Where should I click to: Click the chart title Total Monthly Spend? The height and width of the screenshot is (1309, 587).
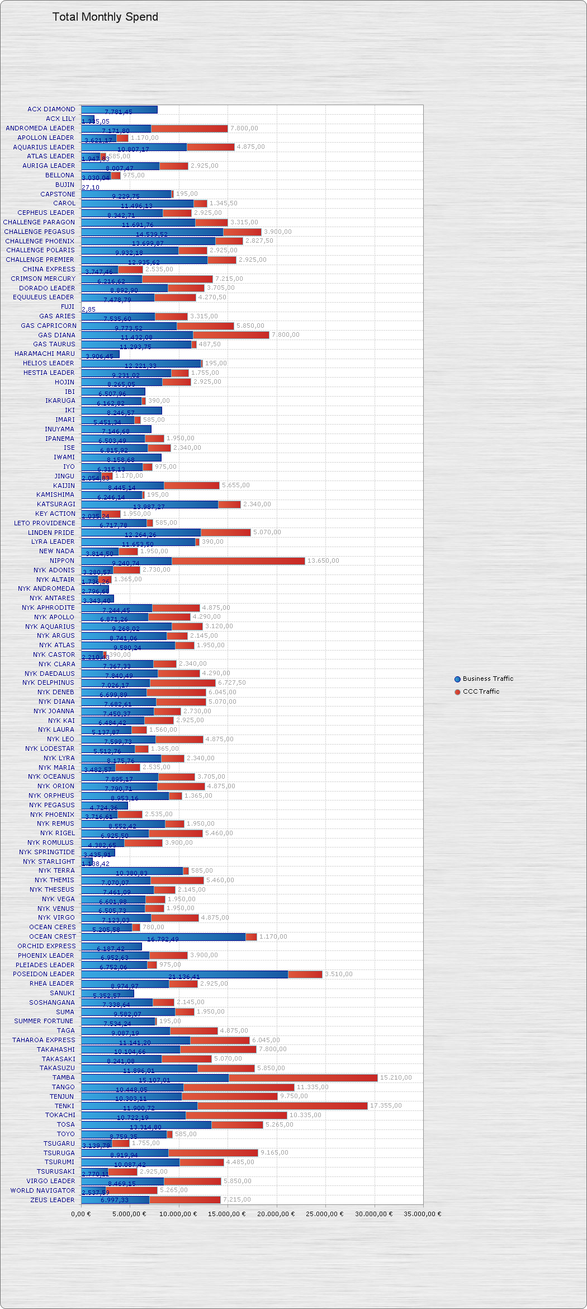tap(105, 17)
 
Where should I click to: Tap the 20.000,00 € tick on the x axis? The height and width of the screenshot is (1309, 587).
tap(276, 1214)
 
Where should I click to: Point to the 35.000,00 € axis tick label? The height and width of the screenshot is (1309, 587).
tap(422, 1214)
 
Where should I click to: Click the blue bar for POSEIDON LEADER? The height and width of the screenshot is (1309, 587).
tap(184, 974)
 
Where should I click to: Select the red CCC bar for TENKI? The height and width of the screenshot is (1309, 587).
tap(282, 1106)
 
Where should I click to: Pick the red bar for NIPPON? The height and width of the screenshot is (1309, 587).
tap(238, 561)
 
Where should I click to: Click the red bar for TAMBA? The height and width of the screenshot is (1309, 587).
tap(303, 1077)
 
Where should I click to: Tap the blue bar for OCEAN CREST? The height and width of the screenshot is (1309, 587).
tap(163, 936)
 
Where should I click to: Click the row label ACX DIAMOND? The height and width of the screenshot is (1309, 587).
tap(51, 109)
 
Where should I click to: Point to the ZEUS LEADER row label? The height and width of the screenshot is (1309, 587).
tap(53, 1200)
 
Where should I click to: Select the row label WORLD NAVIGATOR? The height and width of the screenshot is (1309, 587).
tap(42, 1190)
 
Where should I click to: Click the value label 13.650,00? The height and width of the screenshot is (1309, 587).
tap(323, 561)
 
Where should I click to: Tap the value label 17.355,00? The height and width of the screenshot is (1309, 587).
tap(386, 1105)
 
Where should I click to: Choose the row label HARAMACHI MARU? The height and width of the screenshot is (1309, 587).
tap(45, 354)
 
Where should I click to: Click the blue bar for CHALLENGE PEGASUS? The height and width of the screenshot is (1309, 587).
tap(152, 232)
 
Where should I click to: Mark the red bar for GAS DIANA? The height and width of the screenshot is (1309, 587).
tap(231, 335)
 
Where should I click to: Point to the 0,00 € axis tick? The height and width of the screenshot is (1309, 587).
tap(81, 1214)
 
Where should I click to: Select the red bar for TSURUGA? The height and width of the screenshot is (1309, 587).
tap(213, 1152)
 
